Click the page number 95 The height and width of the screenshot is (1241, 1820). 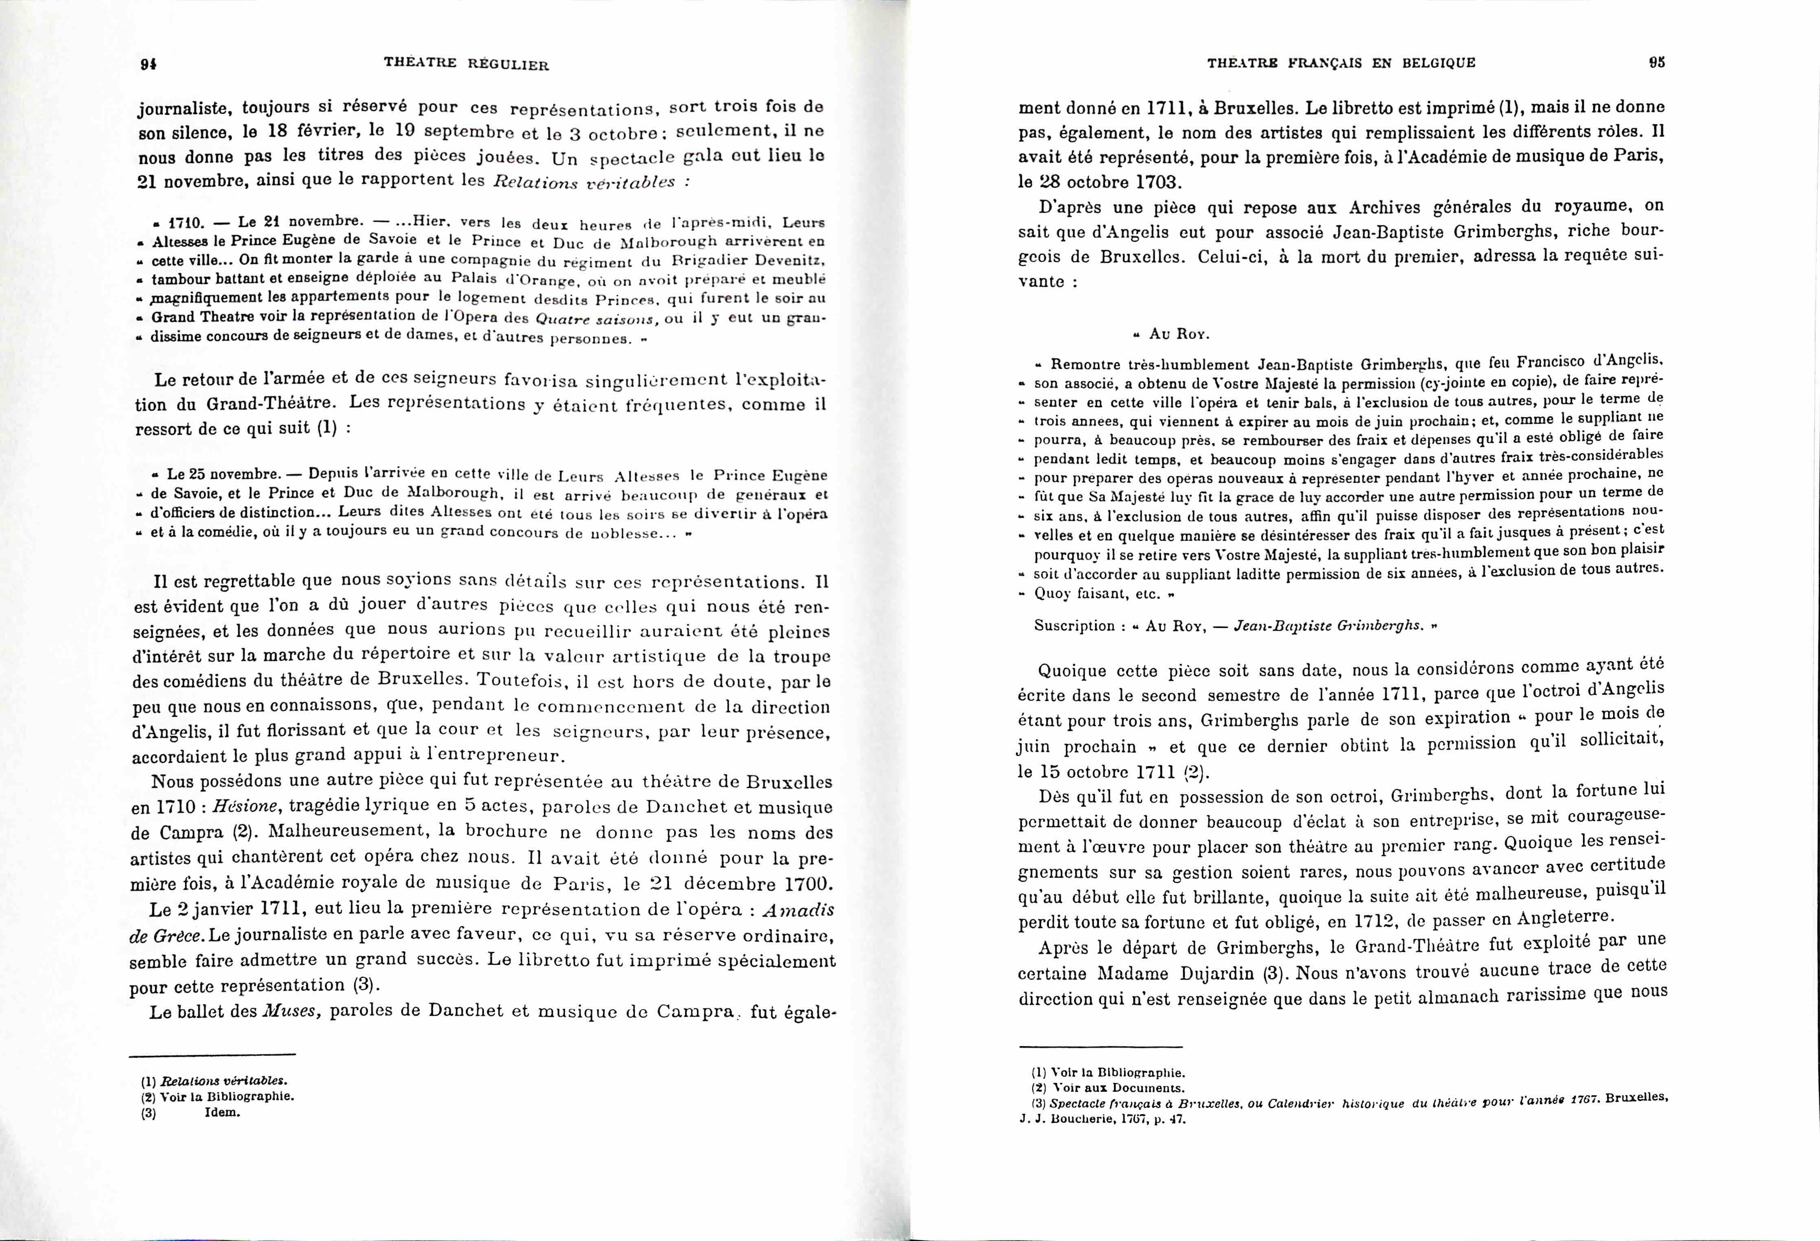pyautogui.click(x=1656, y=63)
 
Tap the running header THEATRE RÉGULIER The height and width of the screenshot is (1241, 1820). pyautogui.click(x=467, y=64)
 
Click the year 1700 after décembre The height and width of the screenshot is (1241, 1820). pyautogui.click(x=807, y=884)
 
